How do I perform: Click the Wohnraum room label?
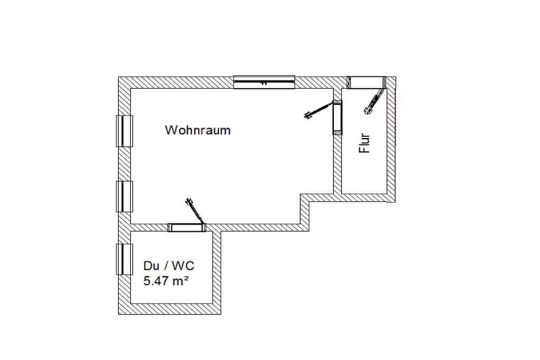tap(198, 130)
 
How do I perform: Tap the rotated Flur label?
tap(364, 143)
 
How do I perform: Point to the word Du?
tap(151, 266)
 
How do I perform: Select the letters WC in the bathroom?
tap(183, 266)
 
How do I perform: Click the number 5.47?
tap(157, 281)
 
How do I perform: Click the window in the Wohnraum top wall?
tap(264, 82)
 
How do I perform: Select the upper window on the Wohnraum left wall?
tap(124, 131)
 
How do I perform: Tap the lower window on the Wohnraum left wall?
tap(124, 197)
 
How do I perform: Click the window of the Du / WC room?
tap(124, 259)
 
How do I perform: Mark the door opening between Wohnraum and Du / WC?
tap(187, 228)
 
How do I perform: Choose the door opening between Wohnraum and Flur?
tap(337, 118)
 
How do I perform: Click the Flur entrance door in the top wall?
tap(366, 82)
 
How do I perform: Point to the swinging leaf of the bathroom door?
tap(195, 211)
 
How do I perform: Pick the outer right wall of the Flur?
tap(391, 139)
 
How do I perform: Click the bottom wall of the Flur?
tap(365, 198)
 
